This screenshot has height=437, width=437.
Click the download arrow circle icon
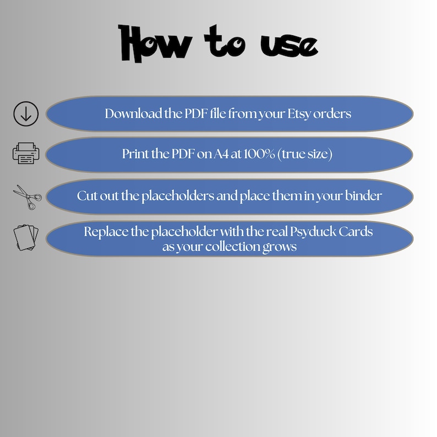click(26, 114)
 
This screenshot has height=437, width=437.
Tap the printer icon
click(26, 154)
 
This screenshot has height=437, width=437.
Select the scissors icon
click(28, 197)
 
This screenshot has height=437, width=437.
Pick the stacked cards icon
click(26, 237)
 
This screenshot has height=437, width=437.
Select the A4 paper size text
click(221, 154)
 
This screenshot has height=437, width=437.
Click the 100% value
click(259, 154)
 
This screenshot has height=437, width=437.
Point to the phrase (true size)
click(305, 154)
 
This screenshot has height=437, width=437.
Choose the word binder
click(363, 195)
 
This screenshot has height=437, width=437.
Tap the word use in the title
click(289, 46)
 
